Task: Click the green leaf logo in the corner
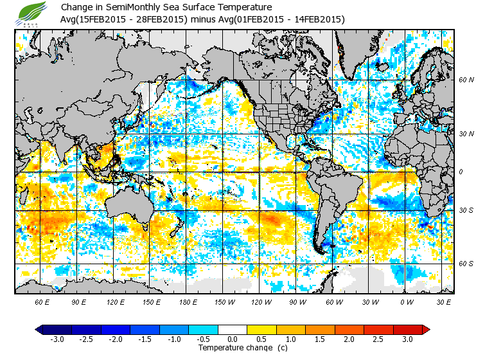(31, 14)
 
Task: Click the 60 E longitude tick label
(42, 301)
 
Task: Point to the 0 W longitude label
(406, 301)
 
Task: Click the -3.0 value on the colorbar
(57, 339)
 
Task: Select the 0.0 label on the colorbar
(233, 339)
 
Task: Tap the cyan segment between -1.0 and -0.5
(204, 329)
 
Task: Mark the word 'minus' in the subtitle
(201, 19)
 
